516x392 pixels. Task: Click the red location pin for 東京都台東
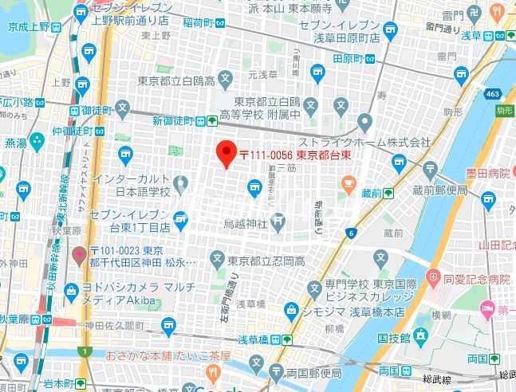click(226, 153)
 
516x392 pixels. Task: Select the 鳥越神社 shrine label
click(246, 222)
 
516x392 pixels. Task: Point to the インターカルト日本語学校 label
click(131, 185)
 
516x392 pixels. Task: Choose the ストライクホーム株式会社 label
click(364, 143)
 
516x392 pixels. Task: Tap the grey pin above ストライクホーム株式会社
click(364, 122)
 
